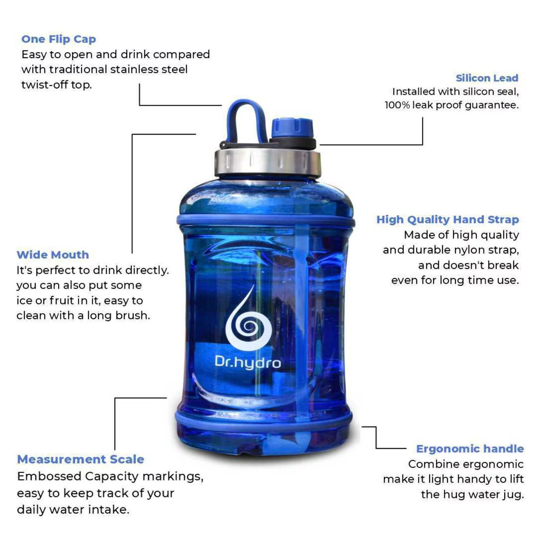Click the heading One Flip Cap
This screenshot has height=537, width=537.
(59, 39)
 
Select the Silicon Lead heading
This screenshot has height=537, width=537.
(487, 78)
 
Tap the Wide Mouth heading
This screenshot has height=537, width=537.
(53, 255)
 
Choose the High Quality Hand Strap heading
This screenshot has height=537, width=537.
(447, 219)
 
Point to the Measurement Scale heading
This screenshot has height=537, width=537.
(81, 459)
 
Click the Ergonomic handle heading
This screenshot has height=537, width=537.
(470, 449)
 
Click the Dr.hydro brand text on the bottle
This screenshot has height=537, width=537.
(248, 362)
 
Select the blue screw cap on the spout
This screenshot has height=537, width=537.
(292, 128)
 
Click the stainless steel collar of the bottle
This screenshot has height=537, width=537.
(267, 162)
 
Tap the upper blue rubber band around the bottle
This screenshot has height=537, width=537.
(266, 220)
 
